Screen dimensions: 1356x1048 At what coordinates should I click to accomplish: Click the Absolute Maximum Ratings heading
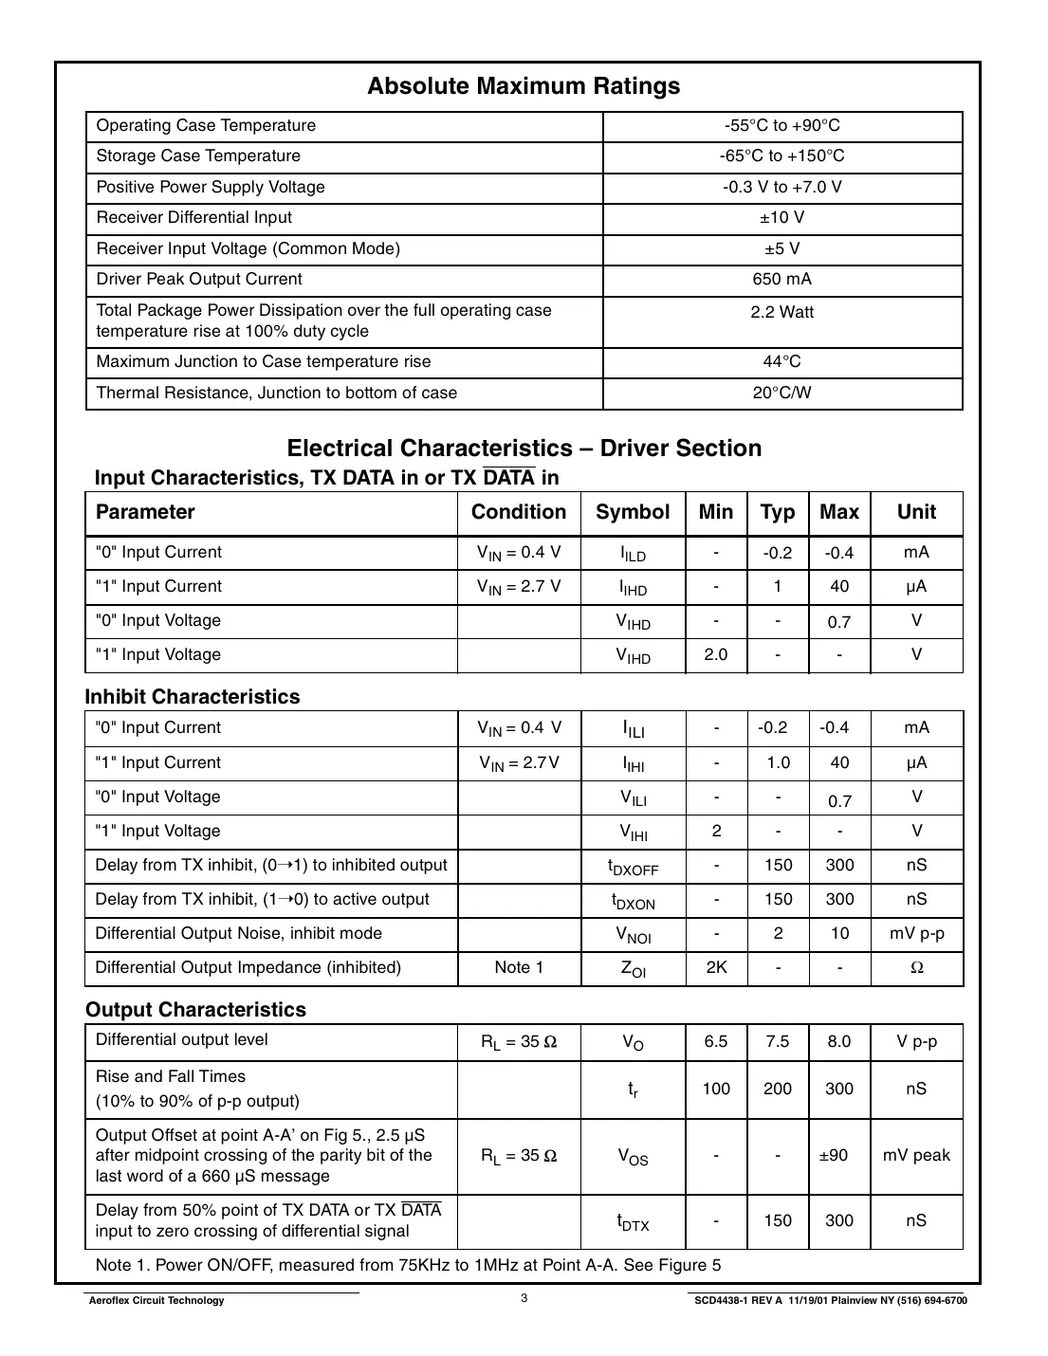(x=524, y=86)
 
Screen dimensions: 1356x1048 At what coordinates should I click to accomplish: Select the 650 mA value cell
(x=781, y=280)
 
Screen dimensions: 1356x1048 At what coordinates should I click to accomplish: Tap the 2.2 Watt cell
(x=781, y=313)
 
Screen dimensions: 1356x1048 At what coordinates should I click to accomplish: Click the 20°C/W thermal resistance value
(x=781, y=394)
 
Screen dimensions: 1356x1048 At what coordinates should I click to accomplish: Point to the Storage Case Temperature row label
(x=198, y=156)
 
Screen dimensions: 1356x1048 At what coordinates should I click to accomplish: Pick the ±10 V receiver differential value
(x=781, y=218)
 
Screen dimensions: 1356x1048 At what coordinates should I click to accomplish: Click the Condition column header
(x=519, y=512)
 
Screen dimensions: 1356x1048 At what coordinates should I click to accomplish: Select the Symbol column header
(x=633, y=512)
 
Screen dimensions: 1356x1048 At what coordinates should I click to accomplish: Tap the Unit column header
(x=916, y=512)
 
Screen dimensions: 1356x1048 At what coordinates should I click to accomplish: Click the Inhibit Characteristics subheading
(x=193, y=697)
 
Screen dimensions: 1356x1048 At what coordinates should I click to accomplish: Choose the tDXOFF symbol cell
(x=633, y=867)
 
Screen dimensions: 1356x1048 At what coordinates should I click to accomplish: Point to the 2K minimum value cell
(x=716, y=968)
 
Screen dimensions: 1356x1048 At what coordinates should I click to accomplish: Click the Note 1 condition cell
(x=519, y=968)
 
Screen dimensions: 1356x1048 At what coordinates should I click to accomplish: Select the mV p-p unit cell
(x=916, y=934)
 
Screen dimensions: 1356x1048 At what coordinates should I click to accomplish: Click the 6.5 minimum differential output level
(x=716, y=1042)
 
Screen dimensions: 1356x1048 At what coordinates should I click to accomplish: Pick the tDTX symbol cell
(x=633, y=1222)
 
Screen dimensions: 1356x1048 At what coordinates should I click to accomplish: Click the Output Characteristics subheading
(x=196, y=1010)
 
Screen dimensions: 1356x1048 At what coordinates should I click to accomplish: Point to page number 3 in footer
(x=524, y=1299)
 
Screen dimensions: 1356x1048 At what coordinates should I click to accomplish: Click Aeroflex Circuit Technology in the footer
(x=156, y=1301)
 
